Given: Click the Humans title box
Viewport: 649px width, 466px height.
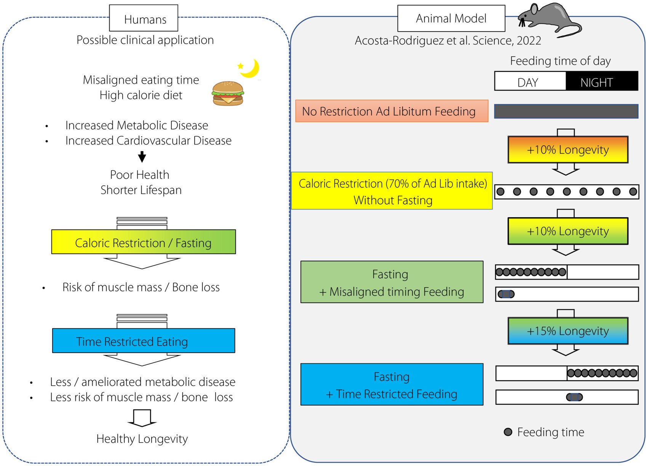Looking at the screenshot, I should coord(144,18).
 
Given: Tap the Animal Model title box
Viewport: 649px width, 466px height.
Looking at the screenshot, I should coord(451,18).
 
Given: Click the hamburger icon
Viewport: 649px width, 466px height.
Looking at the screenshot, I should coord(227,93).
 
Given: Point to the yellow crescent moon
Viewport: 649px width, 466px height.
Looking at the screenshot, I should coord(251,68).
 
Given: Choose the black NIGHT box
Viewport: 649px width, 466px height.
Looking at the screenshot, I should coord(601,81).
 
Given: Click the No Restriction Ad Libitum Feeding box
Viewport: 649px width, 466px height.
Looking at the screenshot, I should coord(392,111).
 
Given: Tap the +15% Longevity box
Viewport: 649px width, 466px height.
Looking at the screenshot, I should coord(567,331).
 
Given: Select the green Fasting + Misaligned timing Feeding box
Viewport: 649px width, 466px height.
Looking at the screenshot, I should coord(392,282).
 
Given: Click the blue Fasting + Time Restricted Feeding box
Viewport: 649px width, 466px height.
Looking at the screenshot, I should coord(392,385).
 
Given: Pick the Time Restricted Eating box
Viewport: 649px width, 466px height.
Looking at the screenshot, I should coord(144,341).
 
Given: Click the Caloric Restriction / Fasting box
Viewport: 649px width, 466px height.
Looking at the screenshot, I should coord(144,242).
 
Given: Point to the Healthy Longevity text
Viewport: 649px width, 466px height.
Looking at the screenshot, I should coord(142,439).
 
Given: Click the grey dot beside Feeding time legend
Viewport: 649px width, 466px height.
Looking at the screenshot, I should coord(508,432).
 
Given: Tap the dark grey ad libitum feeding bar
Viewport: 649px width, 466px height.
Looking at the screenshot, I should coord(566,111).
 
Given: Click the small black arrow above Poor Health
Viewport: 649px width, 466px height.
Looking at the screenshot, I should coord(142,156).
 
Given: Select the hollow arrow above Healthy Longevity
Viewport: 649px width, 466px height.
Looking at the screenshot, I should coord(142,418).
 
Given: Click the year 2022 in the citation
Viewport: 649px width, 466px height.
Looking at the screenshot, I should coord(527,40).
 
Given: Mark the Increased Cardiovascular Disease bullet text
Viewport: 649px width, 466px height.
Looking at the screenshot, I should coord(148,140).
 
